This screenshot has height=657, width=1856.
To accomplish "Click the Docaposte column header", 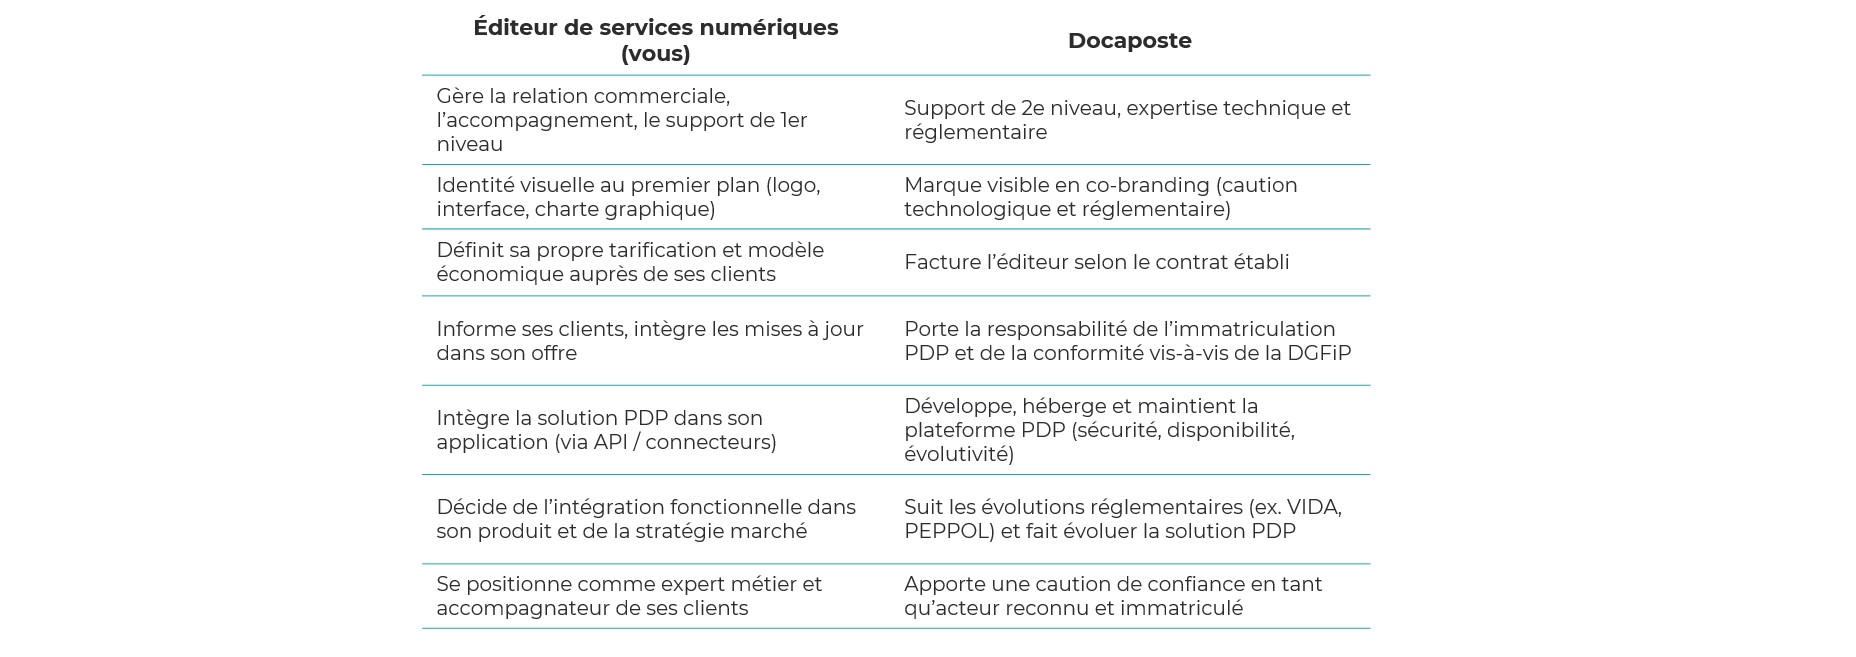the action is [x=1129, y=41].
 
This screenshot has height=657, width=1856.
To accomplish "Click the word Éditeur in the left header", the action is [x=514, y=28].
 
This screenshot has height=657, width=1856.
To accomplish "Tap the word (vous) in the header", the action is [x=655, y=54].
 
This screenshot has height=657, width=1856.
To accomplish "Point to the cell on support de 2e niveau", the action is [x=1127, y=120].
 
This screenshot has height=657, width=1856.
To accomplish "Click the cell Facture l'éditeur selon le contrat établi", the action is [x=1096, y=262].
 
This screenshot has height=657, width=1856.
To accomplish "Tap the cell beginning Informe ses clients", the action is [x=649, y=341].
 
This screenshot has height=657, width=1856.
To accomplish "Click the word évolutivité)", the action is [x=958, y=454].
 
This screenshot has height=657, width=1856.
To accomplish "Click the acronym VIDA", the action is [x=1314, y=507].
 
